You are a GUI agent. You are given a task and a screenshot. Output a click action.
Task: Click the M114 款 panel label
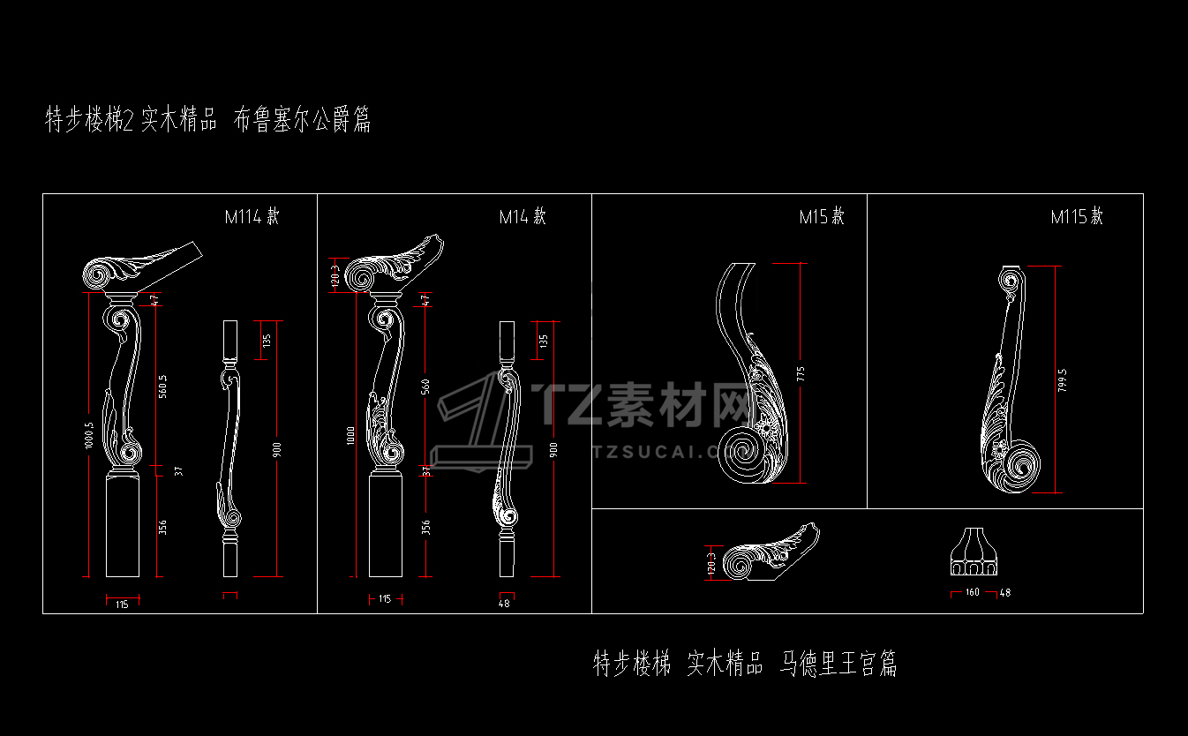252,216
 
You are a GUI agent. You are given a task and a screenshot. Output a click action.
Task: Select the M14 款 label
523,216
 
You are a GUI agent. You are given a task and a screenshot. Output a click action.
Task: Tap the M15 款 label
822,216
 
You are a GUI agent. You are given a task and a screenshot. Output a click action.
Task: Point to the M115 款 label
1077,216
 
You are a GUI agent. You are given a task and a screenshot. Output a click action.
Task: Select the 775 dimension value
801,373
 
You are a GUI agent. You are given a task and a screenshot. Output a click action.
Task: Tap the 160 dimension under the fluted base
972,593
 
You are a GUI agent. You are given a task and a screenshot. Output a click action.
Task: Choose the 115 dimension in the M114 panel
122,604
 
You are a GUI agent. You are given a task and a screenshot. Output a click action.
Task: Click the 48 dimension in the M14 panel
504,604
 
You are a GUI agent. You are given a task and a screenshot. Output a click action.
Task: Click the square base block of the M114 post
124,526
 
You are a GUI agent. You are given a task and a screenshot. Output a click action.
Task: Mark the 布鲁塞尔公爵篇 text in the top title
302,120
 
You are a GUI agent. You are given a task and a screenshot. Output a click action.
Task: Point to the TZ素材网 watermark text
644,405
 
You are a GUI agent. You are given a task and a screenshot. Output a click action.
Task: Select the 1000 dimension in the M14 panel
352,434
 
